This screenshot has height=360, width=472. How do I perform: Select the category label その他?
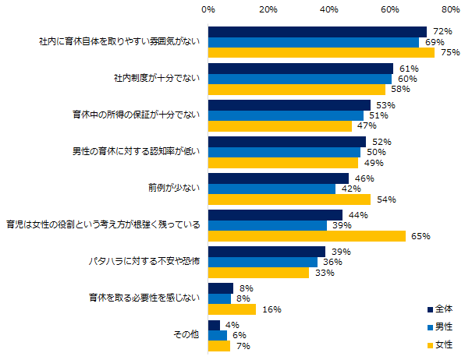188,334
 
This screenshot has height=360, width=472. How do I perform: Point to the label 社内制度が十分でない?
158,79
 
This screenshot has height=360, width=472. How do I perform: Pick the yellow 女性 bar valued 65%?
307,236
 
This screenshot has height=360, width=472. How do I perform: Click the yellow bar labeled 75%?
321,53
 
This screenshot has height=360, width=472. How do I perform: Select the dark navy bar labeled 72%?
318,32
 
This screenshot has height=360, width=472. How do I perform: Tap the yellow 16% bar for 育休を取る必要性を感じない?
232,309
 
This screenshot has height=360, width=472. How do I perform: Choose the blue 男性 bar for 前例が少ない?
271,189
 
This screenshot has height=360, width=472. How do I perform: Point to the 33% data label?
323,273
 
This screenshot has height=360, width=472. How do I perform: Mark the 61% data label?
407,69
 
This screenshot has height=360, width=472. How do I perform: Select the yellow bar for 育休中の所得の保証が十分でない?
280,126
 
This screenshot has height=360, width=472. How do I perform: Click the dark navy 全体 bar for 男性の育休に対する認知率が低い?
287,142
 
